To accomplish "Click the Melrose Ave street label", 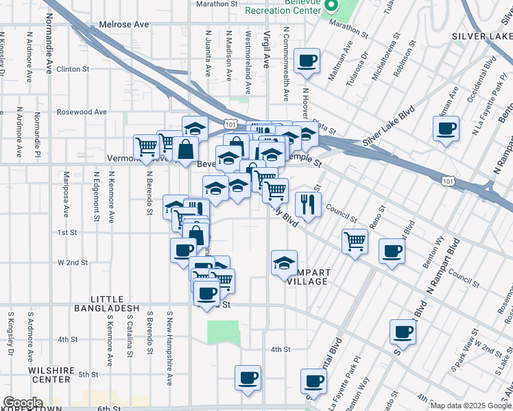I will pyautogui.click(x=123, y=24).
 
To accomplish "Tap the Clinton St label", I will pyautogui.click(x=73, y=69).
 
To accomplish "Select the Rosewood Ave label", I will pyautogui.click(x=82, y=112).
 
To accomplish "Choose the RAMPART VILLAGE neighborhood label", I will pyautogui.click(x=308, y=277).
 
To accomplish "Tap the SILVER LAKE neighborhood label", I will pyautogui.click(x=481, y=36).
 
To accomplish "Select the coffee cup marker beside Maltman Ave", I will pyautogui.click(x=307, y=60).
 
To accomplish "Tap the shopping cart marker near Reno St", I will pyautogui.click(x=355, y=241).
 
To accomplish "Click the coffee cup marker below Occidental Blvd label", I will pyautogui.click(x=446, y=129).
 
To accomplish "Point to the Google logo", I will pyautogui.click(x=22, y=403).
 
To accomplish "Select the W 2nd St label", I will pyautogui.click(x=73, y=262).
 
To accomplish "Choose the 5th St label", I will pyautogui.click(x=88, y=375).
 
